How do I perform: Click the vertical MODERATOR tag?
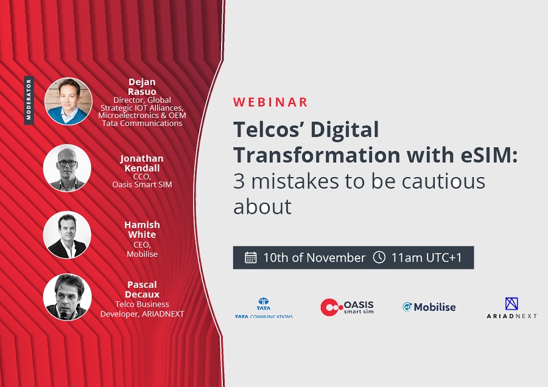coord(29,100)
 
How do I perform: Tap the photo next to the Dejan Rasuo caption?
coord(68,101)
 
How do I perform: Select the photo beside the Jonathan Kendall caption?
coord(67,168)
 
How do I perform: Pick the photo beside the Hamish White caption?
coord(67,235)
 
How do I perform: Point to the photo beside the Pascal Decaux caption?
coord(67,297)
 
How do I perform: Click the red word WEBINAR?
coord(270,102)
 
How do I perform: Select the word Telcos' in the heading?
coord(268,130)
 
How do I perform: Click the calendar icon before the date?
coord(251,257)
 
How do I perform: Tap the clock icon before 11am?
coord(379,257)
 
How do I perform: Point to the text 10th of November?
coord(314,258)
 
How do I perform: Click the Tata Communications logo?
coord(264,308)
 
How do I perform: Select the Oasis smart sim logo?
coord(347,307)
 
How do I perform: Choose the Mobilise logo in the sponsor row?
coord(429,307)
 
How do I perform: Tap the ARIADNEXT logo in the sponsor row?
coord(511,308)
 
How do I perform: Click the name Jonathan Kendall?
coord(142,163)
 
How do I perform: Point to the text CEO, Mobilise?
coord(142,249)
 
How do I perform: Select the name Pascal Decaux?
coord(142,289)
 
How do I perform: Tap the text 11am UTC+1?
coord(426,258)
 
